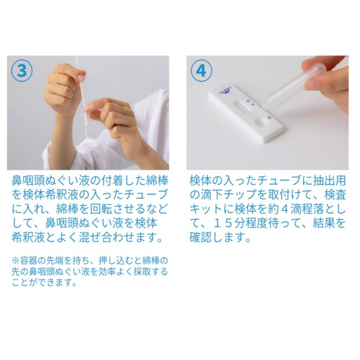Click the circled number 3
(22, 71)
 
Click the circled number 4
(202, 71)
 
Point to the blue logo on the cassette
(224, 91)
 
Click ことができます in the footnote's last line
(44, 282)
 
